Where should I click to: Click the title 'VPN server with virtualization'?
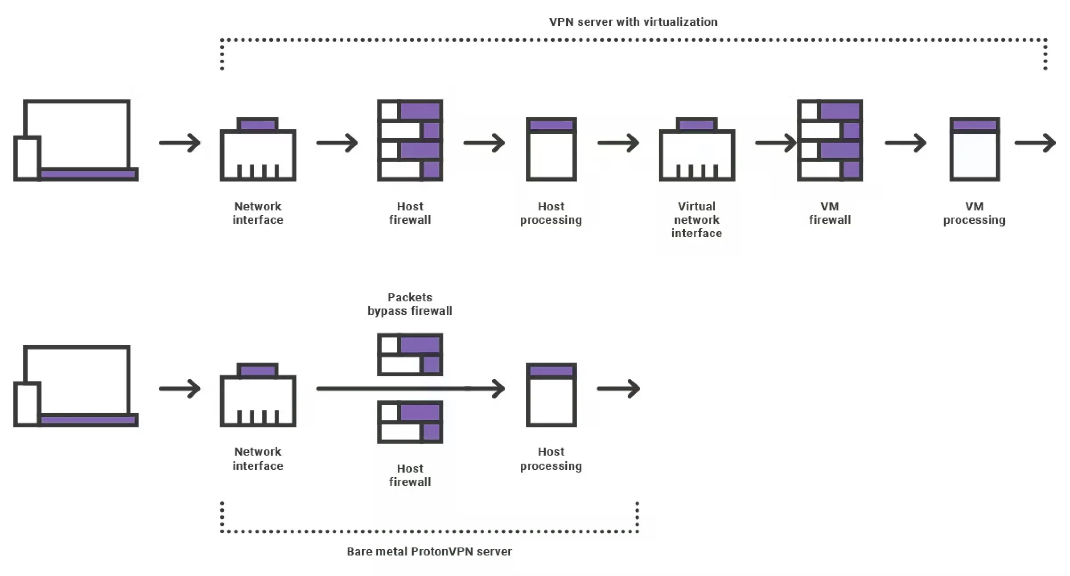click(x=633, y=22)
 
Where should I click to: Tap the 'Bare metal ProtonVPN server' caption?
click(x=429, y=551)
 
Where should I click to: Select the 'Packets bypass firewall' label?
click(x=410, y=304)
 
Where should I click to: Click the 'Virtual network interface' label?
click(x=697, y=219)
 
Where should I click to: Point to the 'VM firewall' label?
click(x=830, y=213)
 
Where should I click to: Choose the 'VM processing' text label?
click(x=974, y=213)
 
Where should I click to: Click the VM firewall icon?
click(x=830, y=140)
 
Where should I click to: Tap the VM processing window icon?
click(x=975, y=149)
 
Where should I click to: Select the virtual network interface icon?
click(x=697, y=149)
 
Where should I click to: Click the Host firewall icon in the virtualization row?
click(x=410, y=140)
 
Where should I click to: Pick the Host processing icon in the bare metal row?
click(x=551, y=395)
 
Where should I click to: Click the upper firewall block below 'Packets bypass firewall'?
click(x=410, y=354)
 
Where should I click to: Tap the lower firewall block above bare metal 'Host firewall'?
click(x=410, y=422)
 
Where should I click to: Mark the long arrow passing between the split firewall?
click(x=410, y=389)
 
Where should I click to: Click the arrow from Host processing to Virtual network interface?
click(x=619, y=143)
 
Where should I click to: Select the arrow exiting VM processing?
click(x=1035, y=143)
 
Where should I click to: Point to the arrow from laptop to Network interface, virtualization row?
click(x=180, y=143)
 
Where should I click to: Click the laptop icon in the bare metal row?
click(x=76, y=386)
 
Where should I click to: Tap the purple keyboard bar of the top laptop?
click(x=88, y=174)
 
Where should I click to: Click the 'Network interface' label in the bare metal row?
click(x=258, y=459)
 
